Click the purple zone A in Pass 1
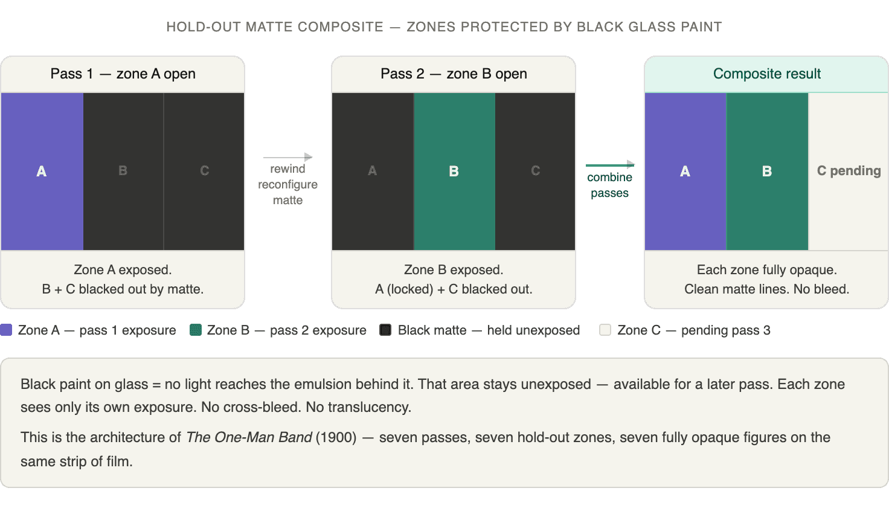pos(42,171)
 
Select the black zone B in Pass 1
pos(123,171)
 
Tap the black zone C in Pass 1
pos(204,171)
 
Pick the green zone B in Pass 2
pos(454,171)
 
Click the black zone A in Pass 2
pos(373,171)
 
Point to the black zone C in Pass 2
pos(535,171)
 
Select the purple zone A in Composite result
pos(685,171)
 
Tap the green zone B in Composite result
pos(767,171)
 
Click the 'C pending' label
pos(849,171)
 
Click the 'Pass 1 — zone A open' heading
pos(123,74)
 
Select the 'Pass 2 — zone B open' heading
pos(454,74)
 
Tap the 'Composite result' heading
pos(766,74)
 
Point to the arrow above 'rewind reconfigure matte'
pos(288,157)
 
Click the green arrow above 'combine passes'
pos(610,164)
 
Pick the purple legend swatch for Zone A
pos(7,330)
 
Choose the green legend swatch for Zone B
pos(196,330)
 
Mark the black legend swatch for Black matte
pos(385,330)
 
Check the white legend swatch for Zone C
pos(605,330)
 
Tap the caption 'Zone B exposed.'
pos(454,270)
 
